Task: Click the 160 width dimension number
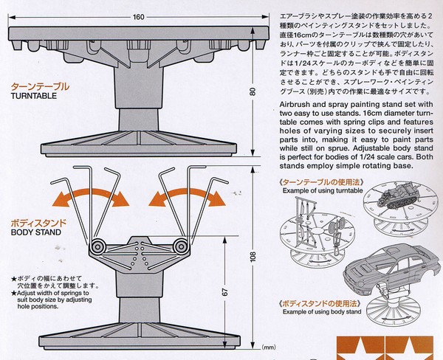[x=139, y=17]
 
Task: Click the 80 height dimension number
[x=253, y=91]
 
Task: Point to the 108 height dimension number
[x=253, y=257]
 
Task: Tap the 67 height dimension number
[x=225, y=292]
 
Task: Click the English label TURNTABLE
[x=34, y=96]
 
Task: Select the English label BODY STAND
[x=36, y=232]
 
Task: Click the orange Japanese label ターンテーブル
[x=40, y=86]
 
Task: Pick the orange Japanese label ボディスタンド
[x=38, y=223]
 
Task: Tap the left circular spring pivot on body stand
[x=97, y=247]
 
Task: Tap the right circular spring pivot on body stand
[x=181, y=247]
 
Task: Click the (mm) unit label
[x=269, y=347]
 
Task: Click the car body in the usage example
[x=391, y=271]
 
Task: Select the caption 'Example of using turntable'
[x=323, y=190]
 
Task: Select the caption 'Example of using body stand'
[x=322, y=312]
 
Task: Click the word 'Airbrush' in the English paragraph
[x=295, y=105]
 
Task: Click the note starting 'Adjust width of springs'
[x=52, y=300]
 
